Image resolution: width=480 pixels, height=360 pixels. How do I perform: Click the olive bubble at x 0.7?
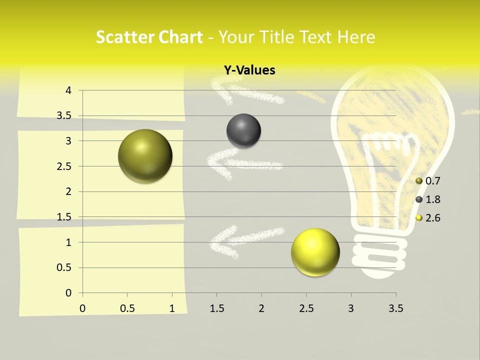145,156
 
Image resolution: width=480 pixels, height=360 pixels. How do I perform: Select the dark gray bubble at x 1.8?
243,130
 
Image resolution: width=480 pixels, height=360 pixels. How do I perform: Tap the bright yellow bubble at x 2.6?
315,251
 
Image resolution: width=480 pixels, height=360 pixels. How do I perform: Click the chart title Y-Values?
249,70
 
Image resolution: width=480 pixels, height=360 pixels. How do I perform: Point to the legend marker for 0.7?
419,181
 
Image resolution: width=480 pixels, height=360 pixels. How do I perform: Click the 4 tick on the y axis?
68,90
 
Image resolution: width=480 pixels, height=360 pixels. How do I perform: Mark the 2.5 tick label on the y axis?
63,166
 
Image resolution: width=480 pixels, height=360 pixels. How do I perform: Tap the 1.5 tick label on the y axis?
63,217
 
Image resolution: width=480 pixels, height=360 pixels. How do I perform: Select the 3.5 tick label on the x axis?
395,308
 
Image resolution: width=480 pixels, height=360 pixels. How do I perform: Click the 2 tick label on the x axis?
261,308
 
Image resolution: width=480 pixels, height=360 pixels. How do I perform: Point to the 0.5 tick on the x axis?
127,308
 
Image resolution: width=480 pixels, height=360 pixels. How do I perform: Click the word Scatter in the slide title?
124,37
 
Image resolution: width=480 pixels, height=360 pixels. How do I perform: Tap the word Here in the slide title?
356,37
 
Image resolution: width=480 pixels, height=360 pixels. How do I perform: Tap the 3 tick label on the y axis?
68,141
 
